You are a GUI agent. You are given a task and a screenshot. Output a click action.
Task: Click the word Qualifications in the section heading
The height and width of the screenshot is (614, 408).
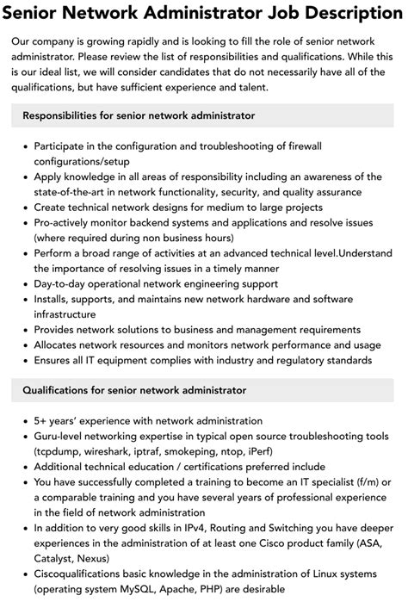pyautogui.click(x=58, y=390)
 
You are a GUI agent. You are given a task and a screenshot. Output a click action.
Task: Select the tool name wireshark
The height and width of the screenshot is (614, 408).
pyautogui.click(x=119, y=452)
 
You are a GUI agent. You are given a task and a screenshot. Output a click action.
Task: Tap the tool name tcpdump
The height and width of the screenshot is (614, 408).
pyautogui.click(x=65, y=452)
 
